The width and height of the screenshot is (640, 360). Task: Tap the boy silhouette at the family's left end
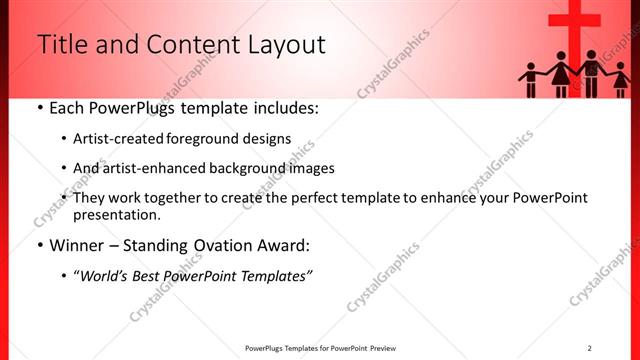[x=530, y=79]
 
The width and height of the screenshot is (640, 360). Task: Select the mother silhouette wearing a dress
[x=560, y=75]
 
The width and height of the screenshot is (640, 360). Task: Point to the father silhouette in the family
[x=591, y=73]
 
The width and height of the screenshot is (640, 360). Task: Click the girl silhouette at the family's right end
[x=619, y=79]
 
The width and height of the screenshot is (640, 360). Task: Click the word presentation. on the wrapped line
[x=117, y=215]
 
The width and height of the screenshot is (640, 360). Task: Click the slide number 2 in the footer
[x=589, y=348]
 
